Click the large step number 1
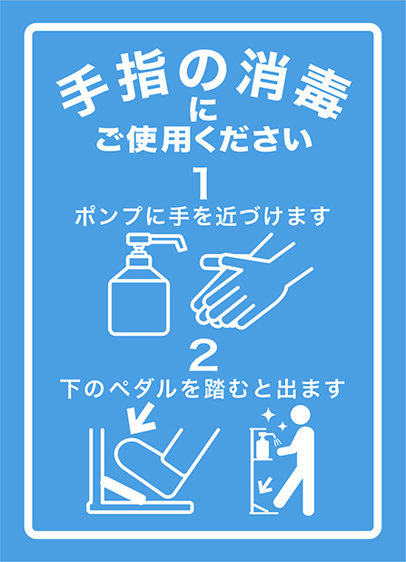pos(203,184)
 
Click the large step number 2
pos(203,356)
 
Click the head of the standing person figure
pos(300,415)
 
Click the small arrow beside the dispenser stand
pos(266,484)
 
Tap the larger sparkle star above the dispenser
pos(268,416)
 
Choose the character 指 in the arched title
pos(143,76)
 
